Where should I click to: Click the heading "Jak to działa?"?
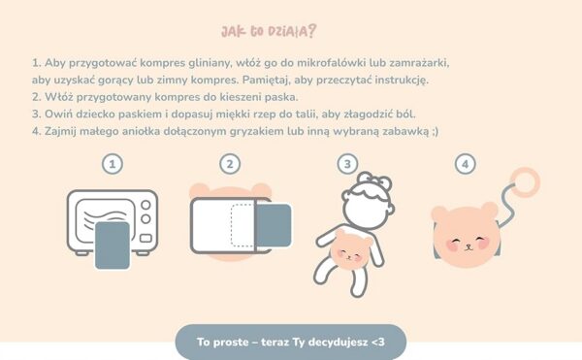coord(269,32)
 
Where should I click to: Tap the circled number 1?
coord(113,164)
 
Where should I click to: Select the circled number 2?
coord(230,164)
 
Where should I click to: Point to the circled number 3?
coord(347,164)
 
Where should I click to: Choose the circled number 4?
coord(465,164)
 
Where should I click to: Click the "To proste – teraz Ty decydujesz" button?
coord(291,342)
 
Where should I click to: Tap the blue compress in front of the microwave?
coord(113,245)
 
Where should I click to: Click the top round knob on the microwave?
coord(145,205)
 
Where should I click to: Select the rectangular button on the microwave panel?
coord(145,239)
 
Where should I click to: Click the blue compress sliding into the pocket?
coord(274,226)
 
